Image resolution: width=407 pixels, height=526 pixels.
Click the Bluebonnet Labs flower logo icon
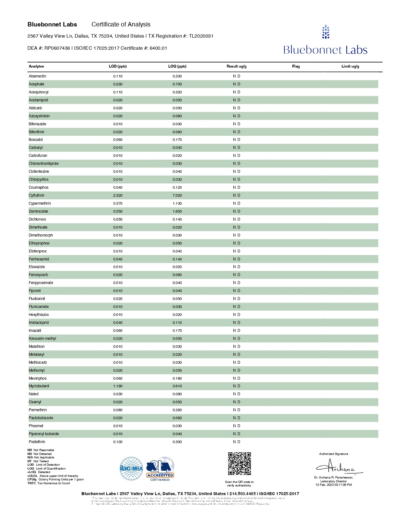[x=325, y=32]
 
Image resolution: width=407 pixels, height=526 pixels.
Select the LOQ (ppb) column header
[x=177, y=66]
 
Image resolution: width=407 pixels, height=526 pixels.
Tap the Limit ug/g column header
[x=350, y=66]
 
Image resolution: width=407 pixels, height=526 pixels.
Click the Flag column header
[x=296, y=66]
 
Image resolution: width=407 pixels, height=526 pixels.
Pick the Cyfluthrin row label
[x=36, y=195]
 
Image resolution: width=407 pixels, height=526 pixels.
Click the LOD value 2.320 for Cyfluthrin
[x=118, y=195]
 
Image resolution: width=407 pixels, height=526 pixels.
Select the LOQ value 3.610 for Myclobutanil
[x=177, y=386]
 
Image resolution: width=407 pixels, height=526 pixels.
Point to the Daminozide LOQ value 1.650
[x=177, y=211]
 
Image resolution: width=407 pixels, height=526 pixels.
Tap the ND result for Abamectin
[x=237, y=76]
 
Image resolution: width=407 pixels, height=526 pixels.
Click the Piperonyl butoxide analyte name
[x=44, y=434]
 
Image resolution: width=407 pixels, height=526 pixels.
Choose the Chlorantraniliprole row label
[x=44, y=164]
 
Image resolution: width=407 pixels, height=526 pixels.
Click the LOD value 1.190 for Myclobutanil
[x=118, y=386]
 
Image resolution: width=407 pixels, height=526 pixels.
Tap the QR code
[x=239, y=464]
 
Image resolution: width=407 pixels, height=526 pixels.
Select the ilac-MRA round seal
[x=131, y=469]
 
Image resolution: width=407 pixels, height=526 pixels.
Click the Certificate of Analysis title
[x=121, y=25]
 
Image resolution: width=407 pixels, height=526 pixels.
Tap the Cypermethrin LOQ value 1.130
[x=177, y=203]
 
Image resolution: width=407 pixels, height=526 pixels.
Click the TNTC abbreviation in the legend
[x=32, y=483]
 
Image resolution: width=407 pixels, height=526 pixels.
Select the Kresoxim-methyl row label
[x=42, y=339]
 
